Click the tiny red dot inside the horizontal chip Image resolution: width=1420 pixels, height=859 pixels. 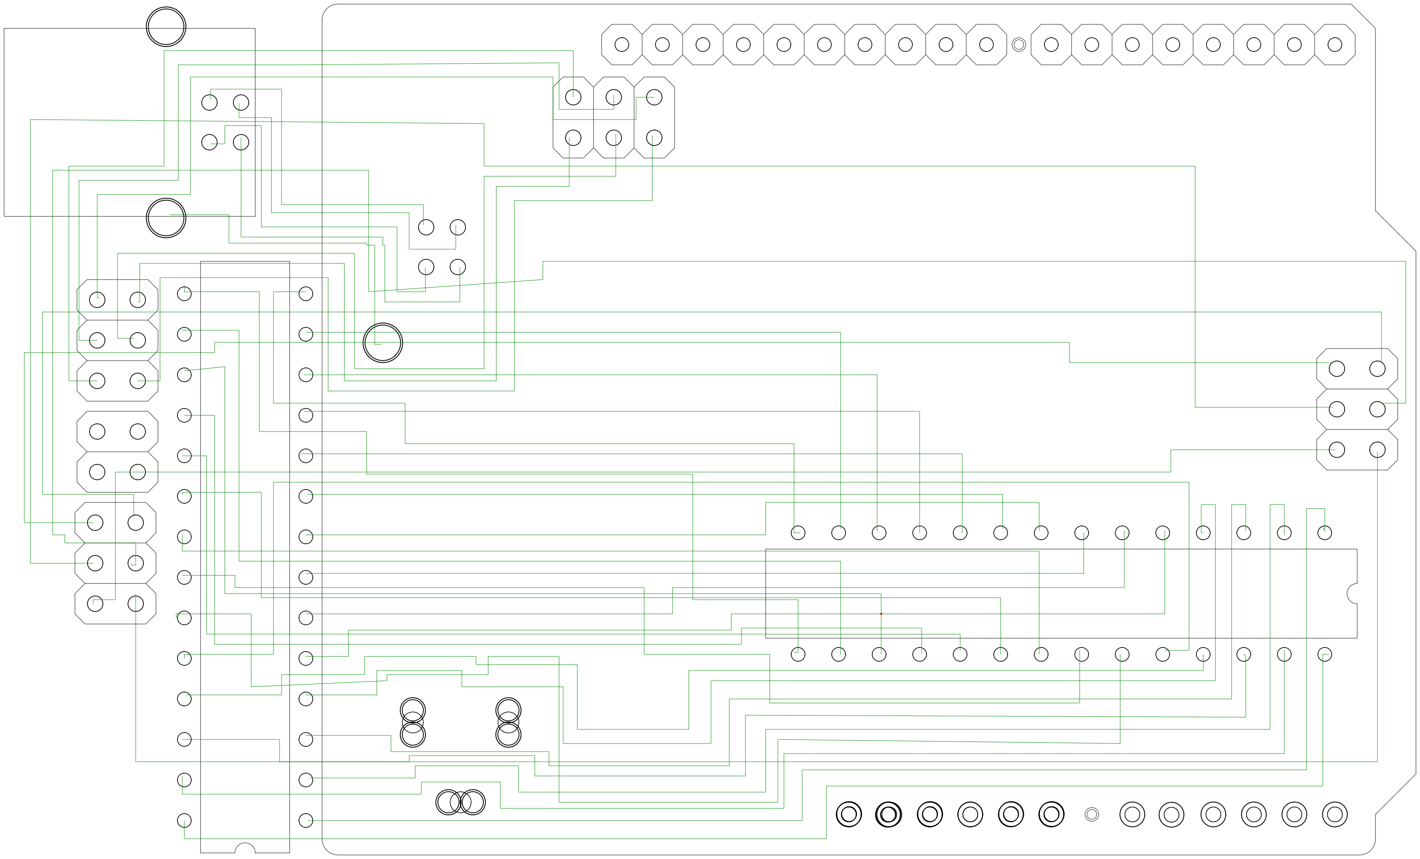(881, 614)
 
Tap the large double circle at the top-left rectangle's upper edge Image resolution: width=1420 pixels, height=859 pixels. (166, 26)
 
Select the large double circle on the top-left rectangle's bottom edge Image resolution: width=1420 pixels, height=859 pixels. (166, 218)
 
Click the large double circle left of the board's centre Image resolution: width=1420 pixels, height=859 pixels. (383, 342)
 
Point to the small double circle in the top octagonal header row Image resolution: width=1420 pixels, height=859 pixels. (1019, 45)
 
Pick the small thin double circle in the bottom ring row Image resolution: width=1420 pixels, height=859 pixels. (1091, 814)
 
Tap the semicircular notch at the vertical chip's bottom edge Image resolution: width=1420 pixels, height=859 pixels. (245, 848)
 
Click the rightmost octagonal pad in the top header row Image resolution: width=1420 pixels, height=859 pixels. (1335, 45)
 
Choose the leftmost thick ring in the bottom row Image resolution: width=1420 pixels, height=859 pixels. (849, 814)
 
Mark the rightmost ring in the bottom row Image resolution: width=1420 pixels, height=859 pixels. (1335, 814)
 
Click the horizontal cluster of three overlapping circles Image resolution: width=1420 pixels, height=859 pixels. (461, 802)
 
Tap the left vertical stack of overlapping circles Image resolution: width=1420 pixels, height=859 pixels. (412, 722)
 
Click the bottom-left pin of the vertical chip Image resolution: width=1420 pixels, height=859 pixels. (184, 821)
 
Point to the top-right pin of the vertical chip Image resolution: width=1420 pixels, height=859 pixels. (306, 293)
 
